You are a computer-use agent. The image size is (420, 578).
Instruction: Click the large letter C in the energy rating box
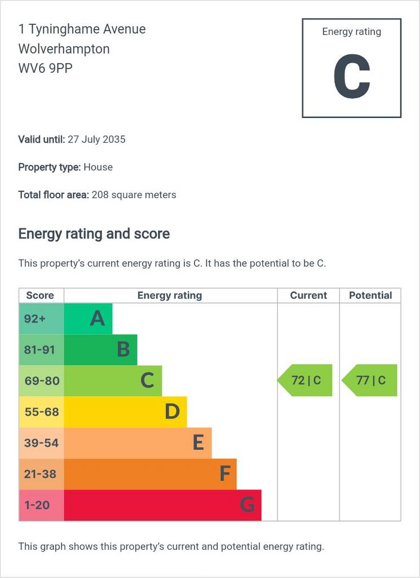coord(352,76)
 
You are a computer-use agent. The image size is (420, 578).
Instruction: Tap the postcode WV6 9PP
coord(45,68)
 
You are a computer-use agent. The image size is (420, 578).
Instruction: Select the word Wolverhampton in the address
coord(64,49)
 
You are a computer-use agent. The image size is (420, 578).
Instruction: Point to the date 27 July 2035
coord(96,139)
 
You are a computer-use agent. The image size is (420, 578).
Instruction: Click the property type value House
coord(98,167)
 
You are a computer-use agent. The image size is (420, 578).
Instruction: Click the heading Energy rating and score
coord(94,234)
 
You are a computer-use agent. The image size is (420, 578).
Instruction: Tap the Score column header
coord(40,295)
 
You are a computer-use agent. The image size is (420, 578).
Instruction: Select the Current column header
coord(308,295)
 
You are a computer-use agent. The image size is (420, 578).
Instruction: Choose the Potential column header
coord(370,295)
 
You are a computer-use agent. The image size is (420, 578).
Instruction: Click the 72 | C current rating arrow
coord(305,380)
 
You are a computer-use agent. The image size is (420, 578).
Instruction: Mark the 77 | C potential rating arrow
coord(370,380)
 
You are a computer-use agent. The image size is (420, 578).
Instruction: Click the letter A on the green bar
coord(98,318)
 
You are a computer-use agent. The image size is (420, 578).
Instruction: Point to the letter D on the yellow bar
coord(172,411)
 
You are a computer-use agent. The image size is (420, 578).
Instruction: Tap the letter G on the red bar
coord(247,505)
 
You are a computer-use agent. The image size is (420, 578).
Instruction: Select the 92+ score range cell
coord(41,319)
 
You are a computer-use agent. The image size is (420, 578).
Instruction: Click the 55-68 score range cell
coord(41,412)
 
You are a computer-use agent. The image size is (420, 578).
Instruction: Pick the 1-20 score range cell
coord(41,505)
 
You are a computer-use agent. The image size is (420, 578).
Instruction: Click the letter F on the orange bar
coord(225,474)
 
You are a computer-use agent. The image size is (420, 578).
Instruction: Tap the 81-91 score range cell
coord(41,350)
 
